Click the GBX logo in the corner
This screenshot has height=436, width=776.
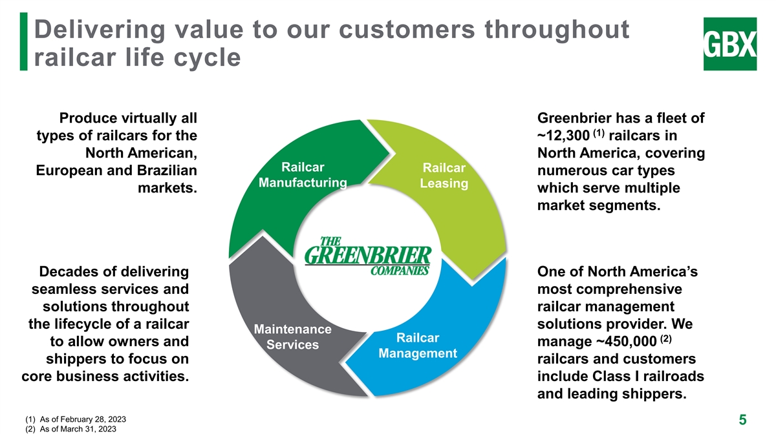pos(730,44)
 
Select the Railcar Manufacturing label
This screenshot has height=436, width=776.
pos(303,175)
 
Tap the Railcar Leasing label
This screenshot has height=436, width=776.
pos(444,176)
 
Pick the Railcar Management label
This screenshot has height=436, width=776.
pos(418,346)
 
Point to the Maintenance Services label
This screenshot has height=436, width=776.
pos(293,337)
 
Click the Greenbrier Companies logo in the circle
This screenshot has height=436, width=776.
pos(368,256)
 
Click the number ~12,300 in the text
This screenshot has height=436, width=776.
pos(564,136)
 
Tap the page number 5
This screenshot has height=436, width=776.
pos(743,420)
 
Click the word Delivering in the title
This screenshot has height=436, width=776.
pos(100,30)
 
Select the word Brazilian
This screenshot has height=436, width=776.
pos(167,171)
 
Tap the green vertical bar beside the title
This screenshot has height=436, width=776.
pos(23,41)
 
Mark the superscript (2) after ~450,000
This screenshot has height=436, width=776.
pos(666,338)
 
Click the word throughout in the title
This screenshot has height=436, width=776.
pos(557,30)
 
